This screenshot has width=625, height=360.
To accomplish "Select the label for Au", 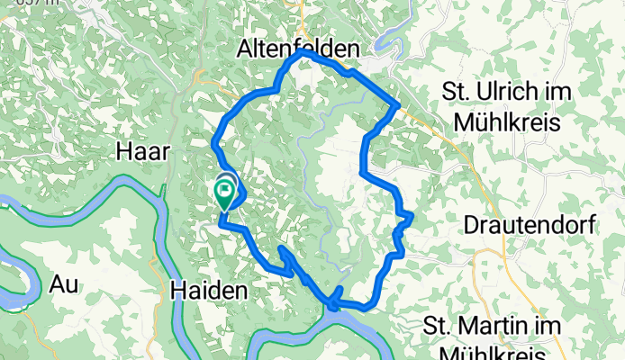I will [x=64, y=284].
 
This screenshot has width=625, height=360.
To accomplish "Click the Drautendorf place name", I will [x=530, y=225].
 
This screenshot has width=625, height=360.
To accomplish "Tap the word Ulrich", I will [x=506, y=92].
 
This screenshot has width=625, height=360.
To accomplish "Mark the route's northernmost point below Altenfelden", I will [x=302, y=53].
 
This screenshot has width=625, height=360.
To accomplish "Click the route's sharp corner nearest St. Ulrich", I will [x=398, y=106].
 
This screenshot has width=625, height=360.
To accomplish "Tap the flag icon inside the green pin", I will [x=223, y=188].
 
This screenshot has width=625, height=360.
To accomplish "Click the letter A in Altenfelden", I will [x=246, y=49].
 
